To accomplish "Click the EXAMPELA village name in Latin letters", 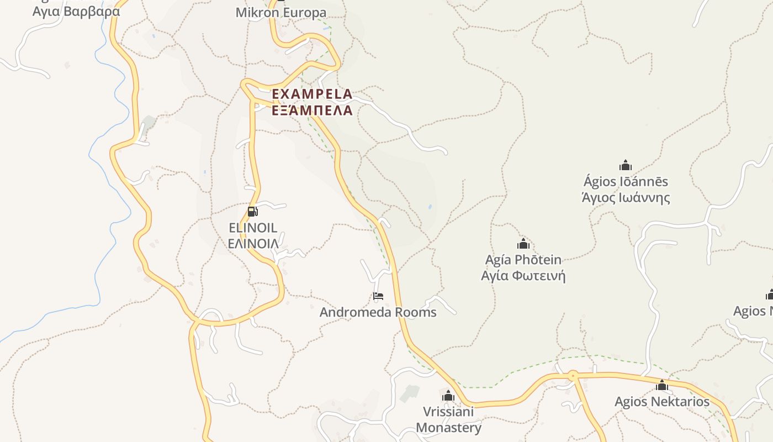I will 312,94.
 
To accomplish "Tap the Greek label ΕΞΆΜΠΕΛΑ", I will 312,110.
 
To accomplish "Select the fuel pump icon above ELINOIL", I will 252,211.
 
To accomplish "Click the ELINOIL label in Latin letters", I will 253,227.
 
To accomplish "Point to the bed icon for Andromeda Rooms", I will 378,296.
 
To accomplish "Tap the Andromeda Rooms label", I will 378,312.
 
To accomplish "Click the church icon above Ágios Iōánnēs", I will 625,165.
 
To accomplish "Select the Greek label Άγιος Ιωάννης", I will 626,197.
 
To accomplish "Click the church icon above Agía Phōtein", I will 523,244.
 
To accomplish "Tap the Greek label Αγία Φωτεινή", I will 523,275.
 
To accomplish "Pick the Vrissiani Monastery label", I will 448,419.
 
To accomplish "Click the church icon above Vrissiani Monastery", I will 448,396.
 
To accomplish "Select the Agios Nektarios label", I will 662,401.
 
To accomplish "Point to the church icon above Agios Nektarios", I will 662,385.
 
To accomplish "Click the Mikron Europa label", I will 281,12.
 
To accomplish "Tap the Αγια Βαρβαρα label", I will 76,11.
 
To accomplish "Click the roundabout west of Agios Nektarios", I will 573,376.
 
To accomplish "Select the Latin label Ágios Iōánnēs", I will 626,181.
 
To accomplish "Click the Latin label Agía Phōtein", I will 523,260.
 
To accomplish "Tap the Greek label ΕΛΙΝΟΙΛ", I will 253,243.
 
